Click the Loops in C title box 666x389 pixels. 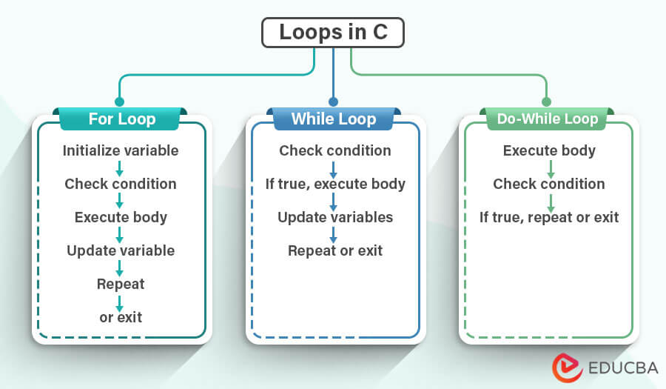pyautogui.click(x=333, y=33)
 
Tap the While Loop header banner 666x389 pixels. pyautogui.click(x=334, y=119)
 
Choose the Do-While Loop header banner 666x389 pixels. pyautogui.click(x=547, y=119)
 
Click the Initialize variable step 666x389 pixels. pyautogui.click(x=121, y=150)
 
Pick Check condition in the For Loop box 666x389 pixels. pyautogui.click(x=121, y=184)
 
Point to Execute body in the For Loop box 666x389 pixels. pyautogui.click(x=121, y=217)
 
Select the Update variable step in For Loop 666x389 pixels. pyautogui.click(x=121, y=250)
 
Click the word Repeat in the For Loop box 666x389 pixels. pyautogui.click(x=121, y=284)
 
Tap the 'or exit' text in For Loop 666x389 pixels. pyautogui.click(x=121, y=317)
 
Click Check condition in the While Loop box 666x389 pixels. pyautogui.click(x=334, y=150)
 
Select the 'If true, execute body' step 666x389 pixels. pyautogui.click(x=334, y=184)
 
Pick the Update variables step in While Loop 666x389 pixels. pyautogui.click(x=334, y=217)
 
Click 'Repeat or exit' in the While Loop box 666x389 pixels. pyautogui.click(x=334, y=250)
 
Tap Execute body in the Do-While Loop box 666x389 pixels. pyautogui.click(x=549, y=150)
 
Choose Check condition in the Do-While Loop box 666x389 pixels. pyautogui.click(x=549, y=184)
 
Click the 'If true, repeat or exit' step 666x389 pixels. pyautogui.click(x=549, y=217)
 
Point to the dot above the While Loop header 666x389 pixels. pyautogui.click(x=333, y=102)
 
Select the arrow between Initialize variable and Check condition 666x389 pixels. pyautogui.click(x=120, y=167)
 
